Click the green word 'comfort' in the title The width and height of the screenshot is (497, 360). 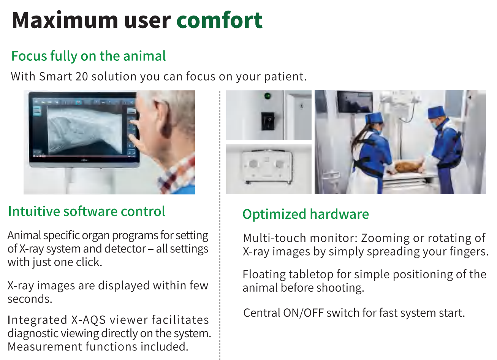tap(220, 21)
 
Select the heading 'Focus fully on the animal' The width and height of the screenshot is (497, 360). tap(89, 56)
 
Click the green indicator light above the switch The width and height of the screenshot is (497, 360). tap(267, 96)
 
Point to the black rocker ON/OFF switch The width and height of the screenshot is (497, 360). tap(267, 121)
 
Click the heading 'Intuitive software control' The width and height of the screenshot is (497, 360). tap(87, 212)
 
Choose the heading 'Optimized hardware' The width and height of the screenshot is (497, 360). tap(305, 214)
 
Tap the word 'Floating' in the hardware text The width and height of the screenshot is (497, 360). tap(264, 275)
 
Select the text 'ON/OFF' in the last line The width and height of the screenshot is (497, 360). tap(303, 313)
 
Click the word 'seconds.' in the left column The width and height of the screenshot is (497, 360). tap(30, 299)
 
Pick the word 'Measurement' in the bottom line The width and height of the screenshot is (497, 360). tap(45, 347)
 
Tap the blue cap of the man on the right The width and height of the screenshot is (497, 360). tap(437, 112)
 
